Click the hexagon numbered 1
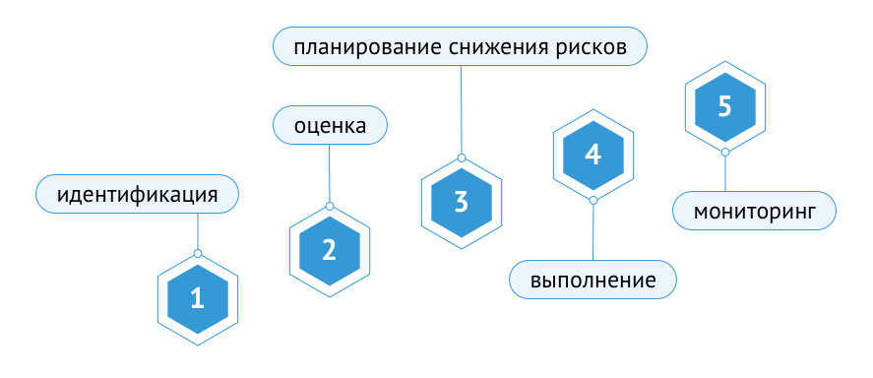click(x=198, y=298)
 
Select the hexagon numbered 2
click(x=330, y=250)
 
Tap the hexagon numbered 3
click(x=462, y=202)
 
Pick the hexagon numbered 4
click(x=592, y=155)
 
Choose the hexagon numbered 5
click(x=724, y=106)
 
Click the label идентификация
click(x=138, y=194)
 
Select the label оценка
click(x=330, y=126)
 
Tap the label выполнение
click(x=592, y=280)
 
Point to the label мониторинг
click(x=754, y=211)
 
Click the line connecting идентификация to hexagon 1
click(x=198, y=232)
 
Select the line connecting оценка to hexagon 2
click(x=330, y=173)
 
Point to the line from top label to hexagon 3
click(x=462, y=108)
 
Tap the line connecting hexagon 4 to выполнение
click(x=592, y=231)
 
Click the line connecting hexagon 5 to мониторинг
click(x=724, y=174)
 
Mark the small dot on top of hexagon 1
click(x=198, y=254)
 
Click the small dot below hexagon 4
click(x=592, y=200)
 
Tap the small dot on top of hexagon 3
click(x=462, y=157)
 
